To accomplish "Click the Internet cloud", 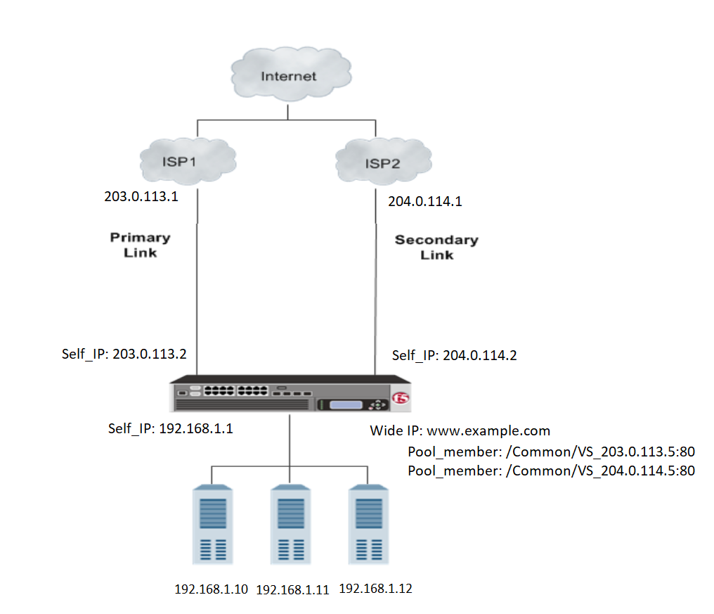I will [x=289, y=77].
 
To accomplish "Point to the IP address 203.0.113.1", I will [x=141, y=196].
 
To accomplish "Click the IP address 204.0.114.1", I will [x=425, y=202].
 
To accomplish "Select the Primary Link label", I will [x=141, y=245].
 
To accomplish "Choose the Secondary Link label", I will [x=436, y=247].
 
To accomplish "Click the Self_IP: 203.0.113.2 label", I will [x=124, y=353].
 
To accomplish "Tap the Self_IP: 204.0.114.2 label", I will [x=454, y=355].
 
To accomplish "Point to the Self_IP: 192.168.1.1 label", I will [x=170, y=428].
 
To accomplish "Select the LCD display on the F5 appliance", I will [x=345, y=405].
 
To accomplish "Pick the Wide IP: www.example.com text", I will [x=460, y=430].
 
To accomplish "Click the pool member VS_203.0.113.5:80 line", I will [x=551, y=451].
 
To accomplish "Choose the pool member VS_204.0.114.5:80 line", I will [x=551, y=471].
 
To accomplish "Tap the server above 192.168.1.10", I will [x=213, y=523].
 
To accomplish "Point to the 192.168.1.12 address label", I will [x=375, y=589].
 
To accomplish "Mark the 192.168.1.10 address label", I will [x=211, y=589].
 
